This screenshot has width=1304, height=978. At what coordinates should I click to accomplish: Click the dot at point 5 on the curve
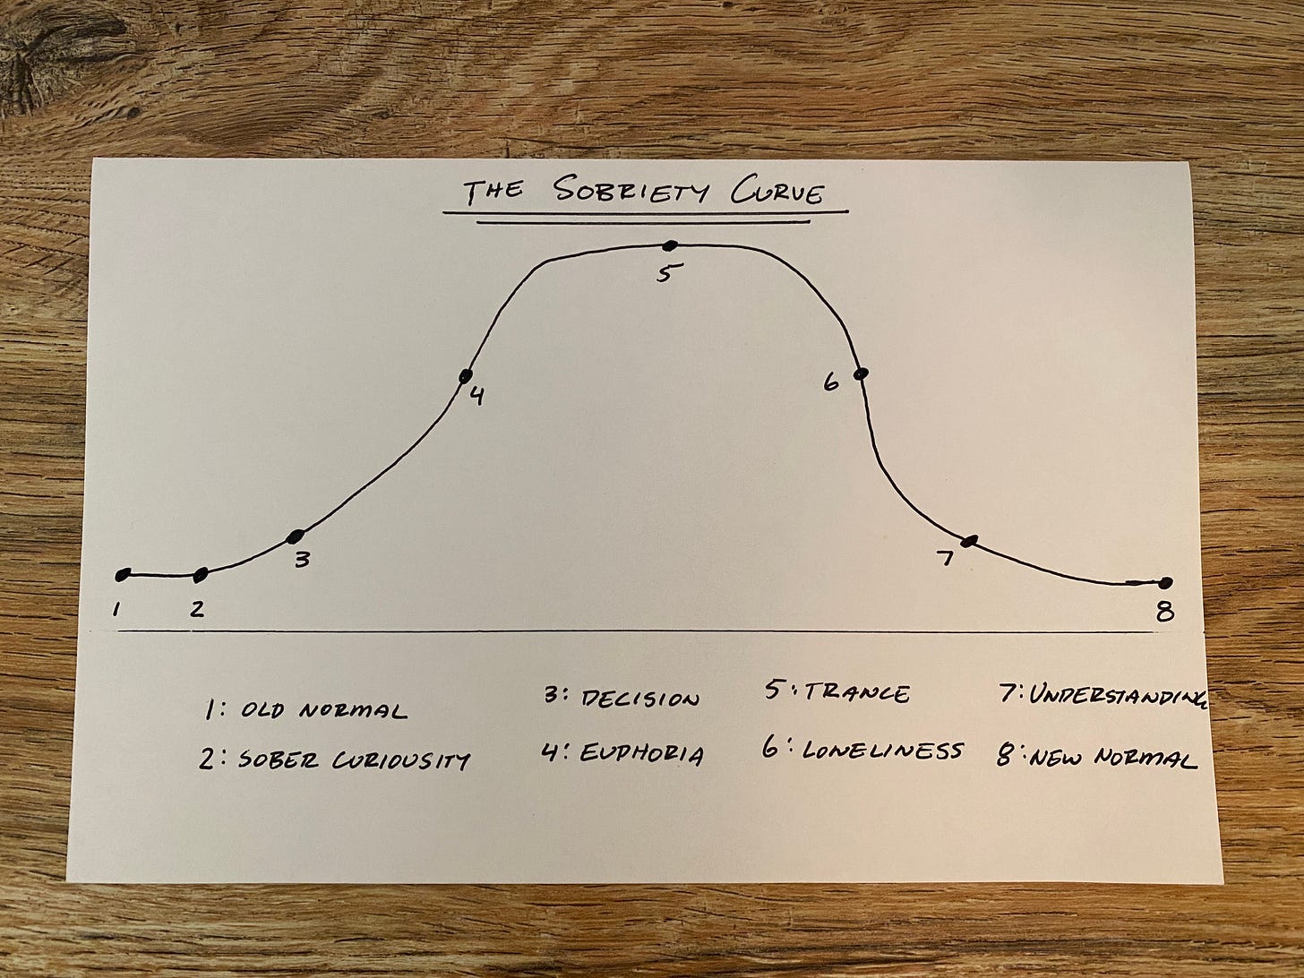(x=669, y=244)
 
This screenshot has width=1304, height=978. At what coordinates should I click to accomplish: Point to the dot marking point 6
(x=861, y=373)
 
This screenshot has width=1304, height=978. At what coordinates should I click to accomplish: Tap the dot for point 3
(x=296, y=536)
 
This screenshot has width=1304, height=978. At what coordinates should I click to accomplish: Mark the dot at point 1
(x=124, y=574)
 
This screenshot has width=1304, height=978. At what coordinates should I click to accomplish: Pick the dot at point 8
(x=1165, y=582)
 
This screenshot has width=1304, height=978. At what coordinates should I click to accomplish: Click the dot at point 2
(x=202, y=573)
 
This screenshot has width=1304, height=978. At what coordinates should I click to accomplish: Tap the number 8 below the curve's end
(x=1163, y=613)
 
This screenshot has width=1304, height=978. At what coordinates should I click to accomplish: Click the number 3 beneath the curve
(x=303, y=561)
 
